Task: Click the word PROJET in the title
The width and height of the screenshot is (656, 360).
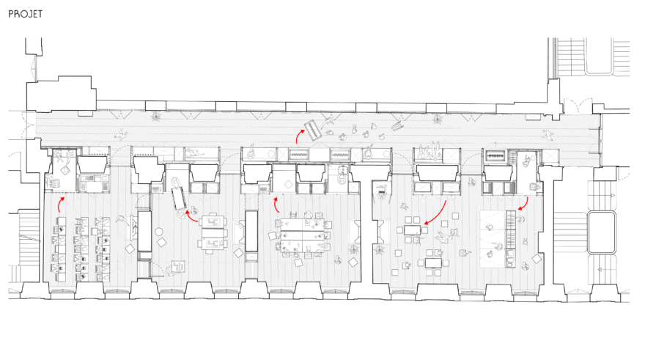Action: pos(26,14)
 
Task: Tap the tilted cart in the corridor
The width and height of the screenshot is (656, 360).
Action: pos(313,131)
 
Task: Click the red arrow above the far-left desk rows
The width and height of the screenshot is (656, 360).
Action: pos(59,204)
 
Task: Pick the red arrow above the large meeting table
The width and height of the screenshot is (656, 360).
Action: pos(276,205)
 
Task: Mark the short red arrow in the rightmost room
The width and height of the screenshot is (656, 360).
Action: pos(524,205)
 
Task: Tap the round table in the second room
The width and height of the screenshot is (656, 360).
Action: pos(158,232)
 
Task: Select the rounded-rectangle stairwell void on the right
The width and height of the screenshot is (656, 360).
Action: pos(602,232)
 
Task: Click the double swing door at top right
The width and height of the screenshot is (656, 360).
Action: pos(578,105)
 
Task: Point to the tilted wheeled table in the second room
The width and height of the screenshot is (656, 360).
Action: pos(179,199)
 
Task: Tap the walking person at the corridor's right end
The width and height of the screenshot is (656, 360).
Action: pos(548,134)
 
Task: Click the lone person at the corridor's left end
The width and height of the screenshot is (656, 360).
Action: pos(122,134)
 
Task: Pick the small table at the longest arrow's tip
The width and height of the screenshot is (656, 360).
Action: pos(413,229)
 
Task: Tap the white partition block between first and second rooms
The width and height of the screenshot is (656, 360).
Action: pos(144,231)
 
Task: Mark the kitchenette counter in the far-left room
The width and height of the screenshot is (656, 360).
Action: pos(94,183)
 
